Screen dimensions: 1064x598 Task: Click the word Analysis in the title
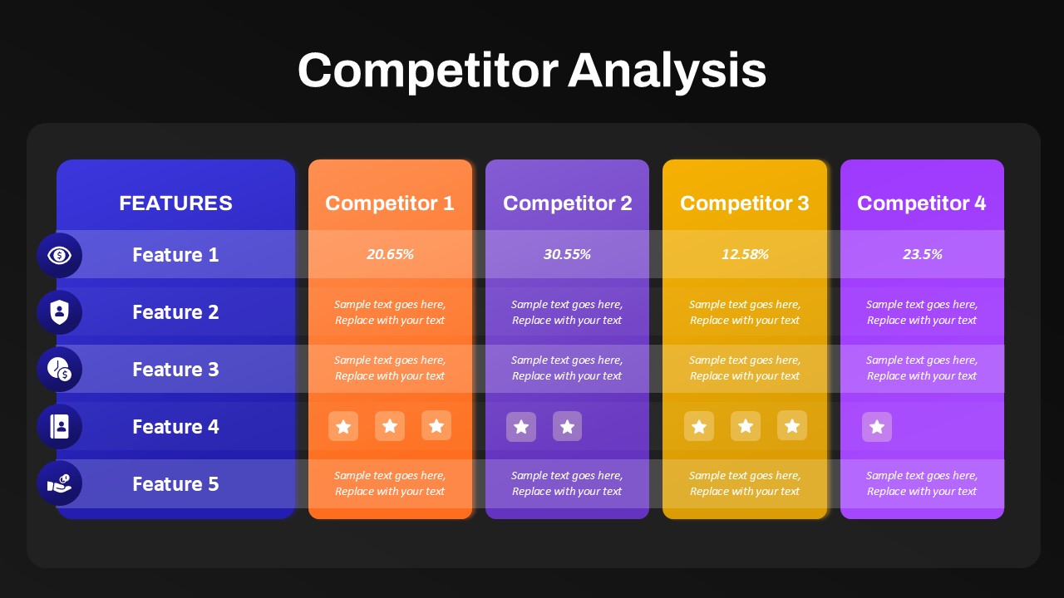click(667, 71)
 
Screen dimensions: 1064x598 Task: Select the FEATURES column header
click(175, 203)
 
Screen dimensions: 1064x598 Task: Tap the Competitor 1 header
click(390, 203)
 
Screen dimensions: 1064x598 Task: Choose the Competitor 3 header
click(744, 203)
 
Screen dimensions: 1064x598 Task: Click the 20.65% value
click(390, 254)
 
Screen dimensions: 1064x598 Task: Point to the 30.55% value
click(567, 254)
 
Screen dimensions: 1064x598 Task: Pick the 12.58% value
click(745, 254)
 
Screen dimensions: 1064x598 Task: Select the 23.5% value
click(923, 254)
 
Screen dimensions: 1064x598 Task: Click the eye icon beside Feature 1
click(59, 255)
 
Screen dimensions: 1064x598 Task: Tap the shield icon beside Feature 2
click(59, 312)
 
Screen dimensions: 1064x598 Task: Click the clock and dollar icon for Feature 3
click(59, 370)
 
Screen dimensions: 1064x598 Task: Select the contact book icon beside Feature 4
click(59, 426)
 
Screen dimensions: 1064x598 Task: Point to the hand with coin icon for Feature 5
click(59, 483)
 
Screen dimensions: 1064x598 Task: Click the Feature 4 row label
click(175, 427)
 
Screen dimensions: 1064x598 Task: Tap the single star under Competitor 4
click(877, 427)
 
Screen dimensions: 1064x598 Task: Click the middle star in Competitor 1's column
click(390, 426)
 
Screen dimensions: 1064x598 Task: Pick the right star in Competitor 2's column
click(567, 426)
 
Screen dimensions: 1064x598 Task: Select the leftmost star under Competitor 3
click(699, 426)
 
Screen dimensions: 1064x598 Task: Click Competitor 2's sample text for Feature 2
click(567, 312)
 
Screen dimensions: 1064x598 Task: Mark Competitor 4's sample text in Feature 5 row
click(922, 483)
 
